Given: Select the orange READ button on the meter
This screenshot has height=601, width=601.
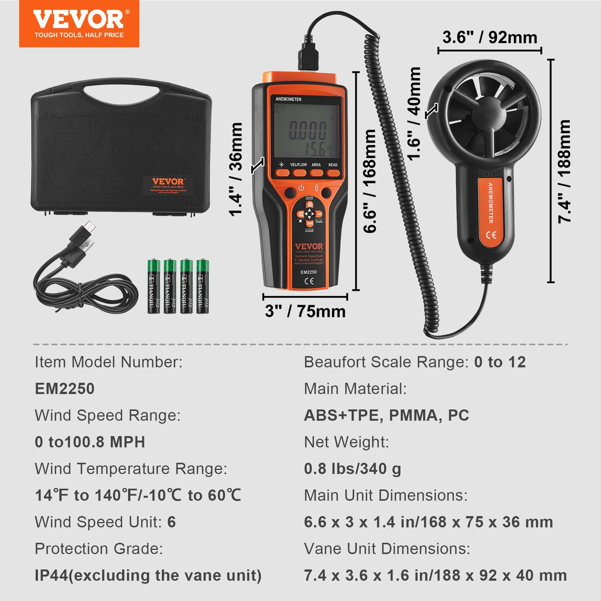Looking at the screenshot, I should pos(333,173).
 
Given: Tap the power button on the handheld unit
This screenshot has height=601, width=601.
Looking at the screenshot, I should pos(300,188).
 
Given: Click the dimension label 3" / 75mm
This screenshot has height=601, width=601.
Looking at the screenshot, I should pos(305,311).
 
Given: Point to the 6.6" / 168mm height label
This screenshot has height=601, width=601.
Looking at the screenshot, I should pos(370,181).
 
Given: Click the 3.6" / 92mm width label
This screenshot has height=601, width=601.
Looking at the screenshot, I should pos(490,38).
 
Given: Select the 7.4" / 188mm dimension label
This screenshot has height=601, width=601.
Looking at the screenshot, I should pos(565,171).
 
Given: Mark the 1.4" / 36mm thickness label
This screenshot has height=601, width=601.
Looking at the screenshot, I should pos(236,169).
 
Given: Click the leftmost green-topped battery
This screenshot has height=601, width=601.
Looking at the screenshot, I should pos(153,286).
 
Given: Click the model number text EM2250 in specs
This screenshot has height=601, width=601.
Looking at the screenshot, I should pos(65,389).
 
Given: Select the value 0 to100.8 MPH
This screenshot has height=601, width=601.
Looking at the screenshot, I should pos(90,442).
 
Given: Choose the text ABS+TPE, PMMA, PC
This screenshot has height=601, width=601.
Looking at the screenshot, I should pos(386,415).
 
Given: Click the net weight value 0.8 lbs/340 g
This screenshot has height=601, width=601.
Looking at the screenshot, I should pos(352,469).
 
